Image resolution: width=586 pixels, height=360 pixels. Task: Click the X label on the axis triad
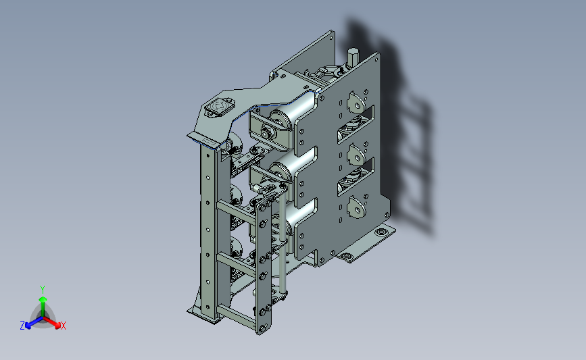(x=63, y=326)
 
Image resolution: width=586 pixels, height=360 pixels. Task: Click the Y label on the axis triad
(x=43, y=290)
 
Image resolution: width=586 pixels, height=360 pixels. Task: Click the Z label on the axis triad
(x=22, y=326)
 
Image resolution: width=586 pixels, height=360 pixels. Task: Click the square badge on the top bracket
(x=219, y=107)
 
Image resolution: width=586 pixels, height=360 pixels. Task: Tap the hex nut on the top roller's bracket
(x=266, y=132)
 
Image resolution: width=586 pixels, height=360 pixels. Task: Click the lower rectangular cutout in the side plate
(x=356, y=176)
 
